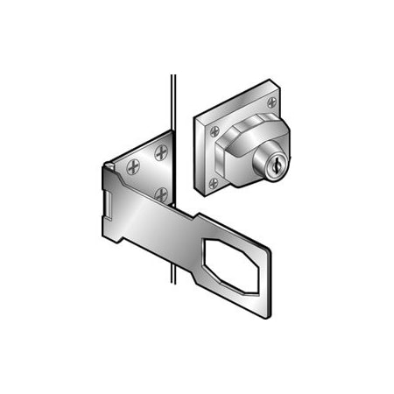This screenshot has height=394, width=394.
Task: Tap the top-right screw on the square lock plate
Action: click(x=271, y=102)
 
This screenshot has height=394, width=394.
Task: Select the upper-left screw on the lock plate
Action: click(x=214, y=130)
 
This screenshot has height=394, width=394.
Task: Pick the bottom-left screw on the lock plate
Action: click(x=214, y=183)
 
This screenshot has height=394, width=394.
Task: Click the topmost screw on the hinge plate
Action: click(x=159, y=152)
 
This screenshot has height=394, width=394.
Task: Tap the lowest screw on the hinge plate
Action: click(x=160, y=193)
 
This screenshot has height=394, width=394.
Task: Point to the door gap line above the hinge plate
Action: click(x=172, y=96)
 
